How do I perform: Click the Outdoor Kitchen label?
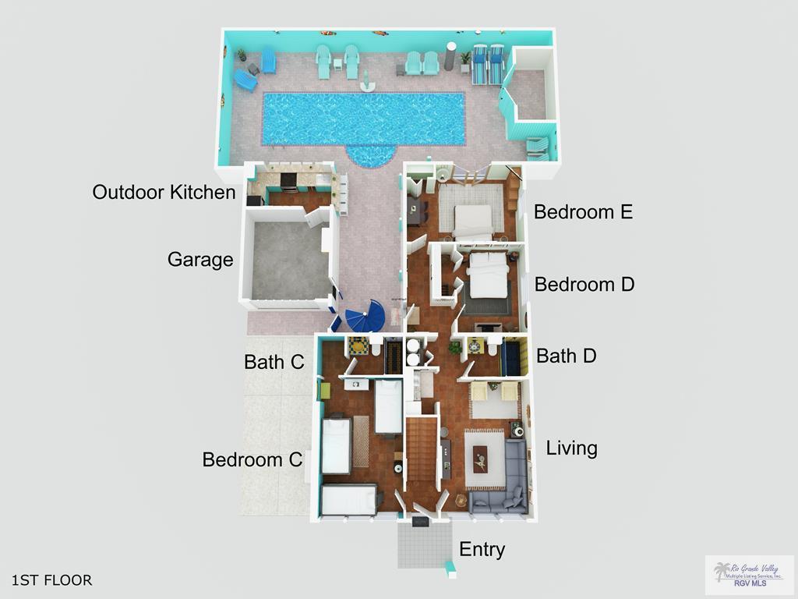164,192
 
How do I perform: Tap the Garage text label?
200,260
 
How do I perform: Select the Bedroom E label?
583,211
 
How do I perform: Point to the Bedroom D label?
584,285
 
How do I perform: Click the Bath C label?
274,362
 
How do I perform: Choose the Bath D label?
567,356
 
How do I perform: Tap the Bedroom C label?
252,459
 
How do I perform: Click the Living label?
572,448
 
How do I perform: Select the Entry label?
482,549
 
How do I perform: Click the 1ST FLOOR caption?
52,580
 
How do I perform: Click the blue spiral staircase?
365,317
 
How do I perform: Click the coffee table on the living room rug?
480,459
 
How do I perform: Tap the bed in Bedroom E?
472,221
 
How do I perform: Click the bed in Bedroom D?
488,277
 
